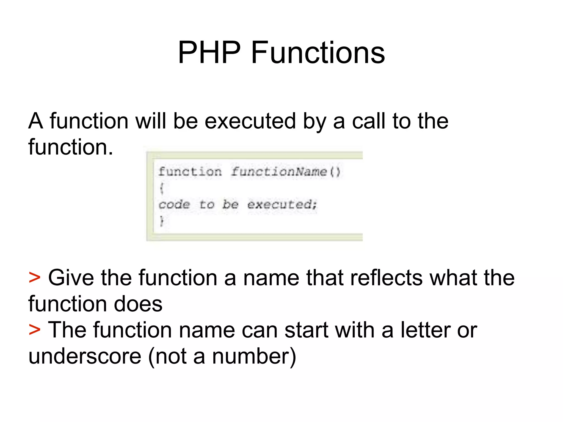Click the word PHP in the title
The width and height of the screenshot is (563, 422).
click(209, 52)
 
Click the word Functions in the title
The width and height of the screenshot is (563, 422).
click(318, 52)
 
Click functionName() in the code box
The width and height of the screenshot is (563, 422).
click(285, 172)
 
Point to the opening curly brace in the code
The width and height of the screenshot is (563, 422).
click(162, 188)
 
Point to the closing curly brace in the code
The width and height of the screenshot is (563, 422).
click(162, 221)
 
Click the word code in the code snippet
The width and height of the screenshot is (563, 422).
click(174, 204)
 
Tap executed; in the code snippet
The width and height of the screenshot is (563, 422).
click(282, 204)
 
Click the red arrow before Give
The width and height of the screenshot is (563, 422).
click(35, 277)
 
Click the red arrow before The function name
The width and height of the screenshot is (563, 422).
click(35, 329)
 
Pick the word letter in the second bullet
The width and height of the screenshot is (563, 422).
click(425, 330)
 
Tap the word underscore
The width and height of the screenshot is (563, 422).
click(85, 356)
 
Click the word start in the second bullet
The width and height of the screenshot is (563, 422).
click(306, 330)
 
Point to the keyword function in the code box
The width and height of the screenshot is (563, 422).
click(190, 172)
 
